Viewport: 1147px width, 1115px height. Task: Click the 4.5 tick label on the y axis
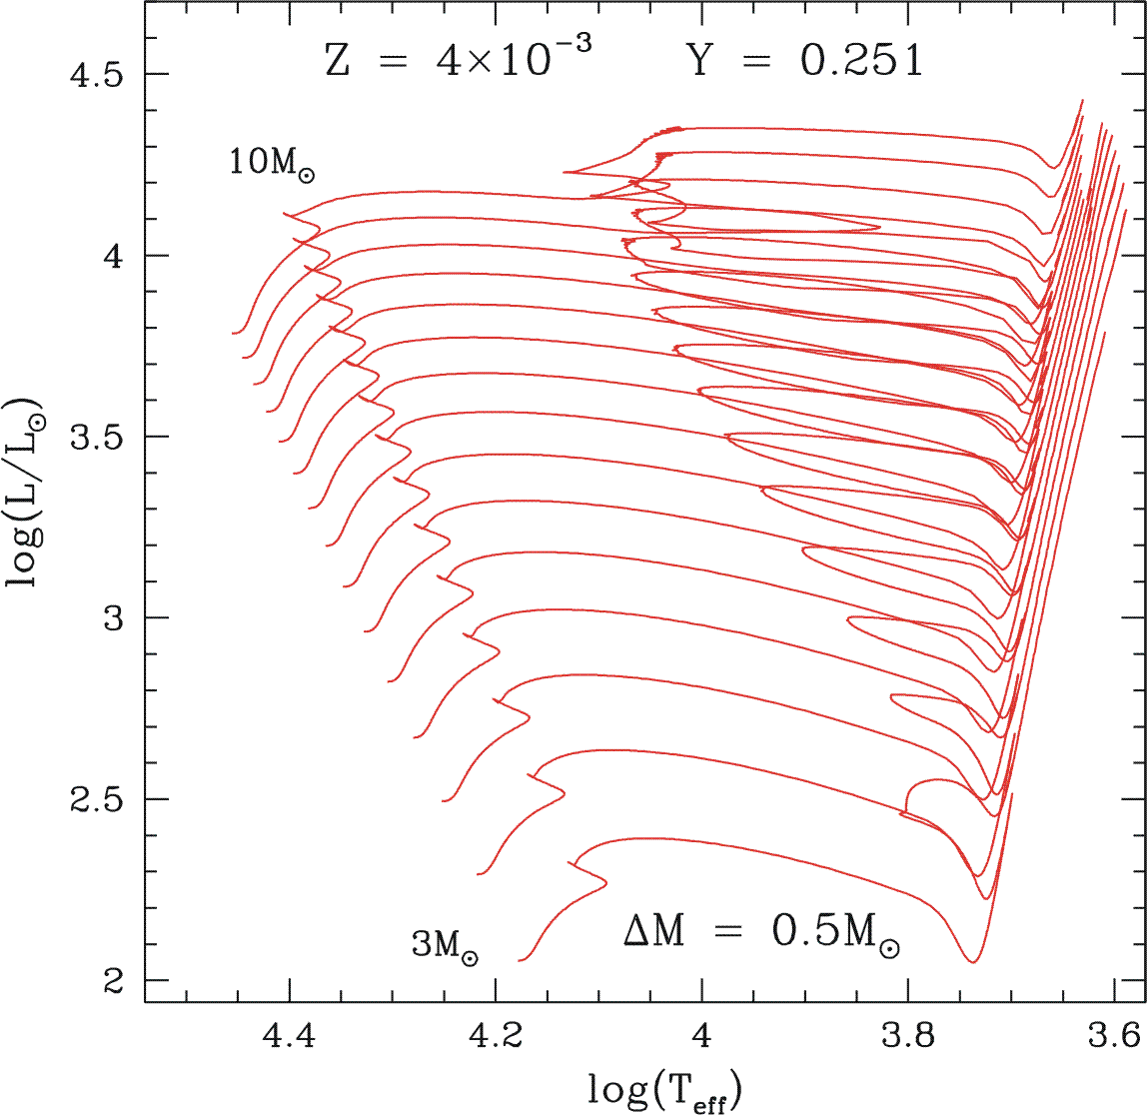click(x=98, y=75)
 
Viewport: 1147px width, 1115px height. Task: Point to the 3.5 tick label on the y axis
click(x=98, y=438)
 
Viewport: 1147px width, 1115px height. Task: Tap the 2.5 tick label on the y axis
click(x=98, y=800)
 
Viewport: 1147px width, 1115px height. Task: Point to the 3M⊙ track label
click(x=444, y=945)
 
